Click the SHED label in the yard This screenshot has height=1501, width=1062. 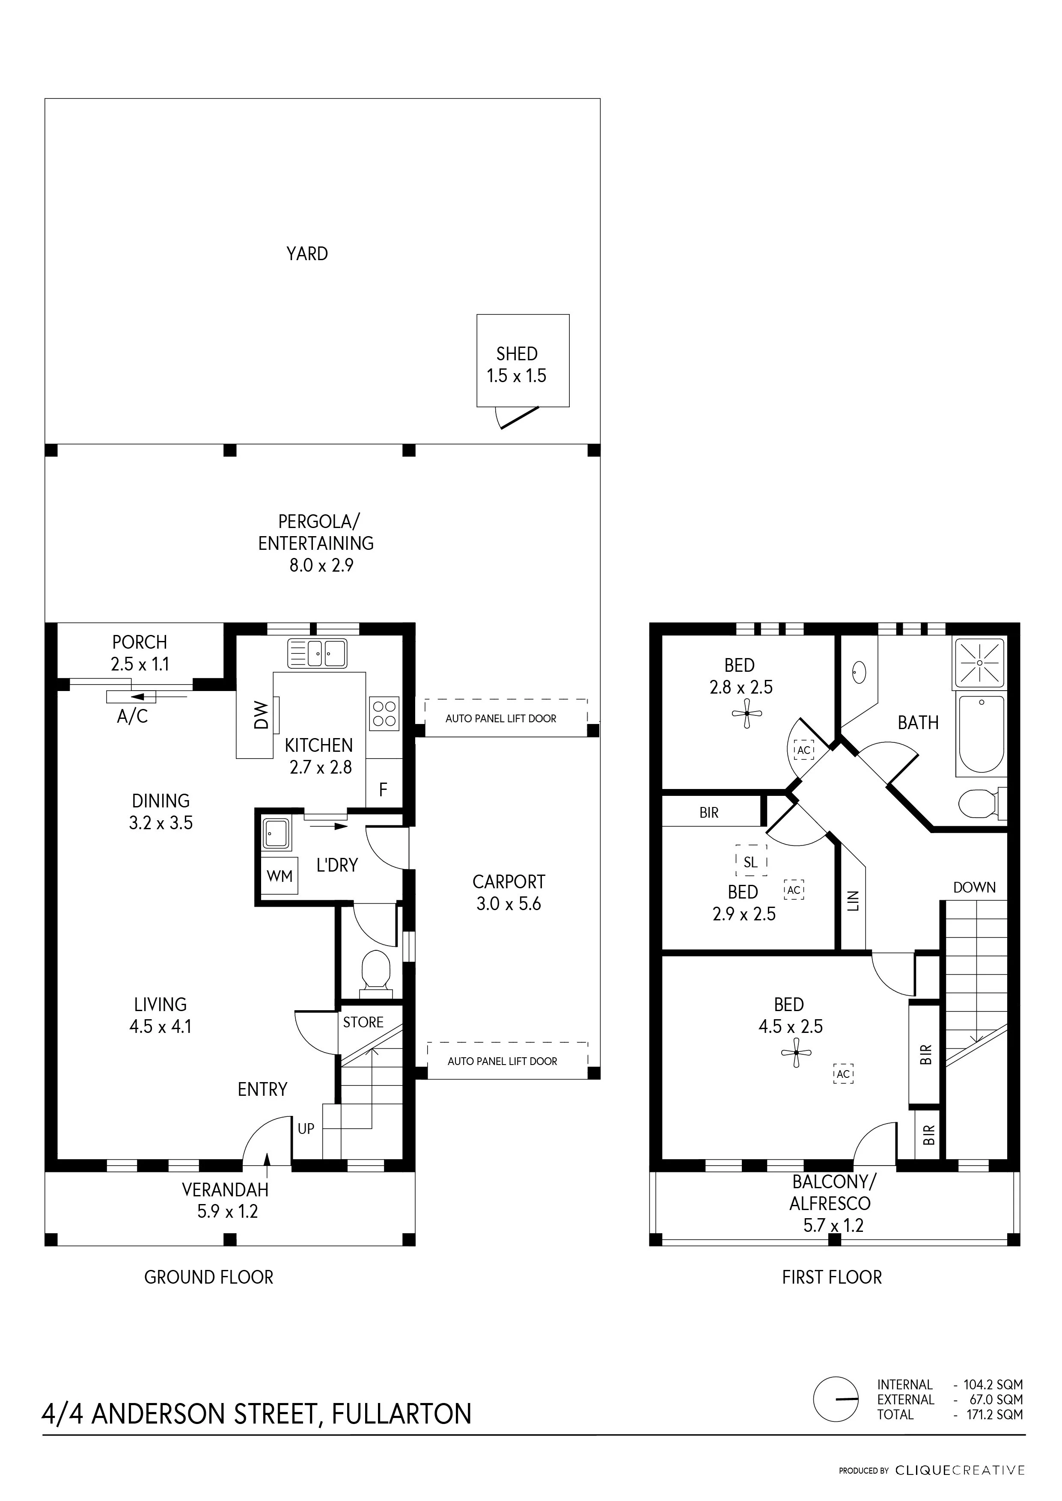coord(517,354)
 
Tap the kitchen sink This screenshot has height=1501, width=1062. coord(317,653)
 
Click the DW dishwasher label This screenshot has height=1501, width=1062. coord(261,715)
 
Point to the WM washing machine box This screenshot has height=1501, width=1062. coord(280,875)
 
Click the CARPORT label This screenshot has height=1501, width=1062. coord(509,882)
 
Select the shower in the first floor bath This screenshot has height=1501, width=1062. coord(980,663)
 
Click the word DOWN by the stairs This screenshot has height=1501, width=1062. coord(974,887)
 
